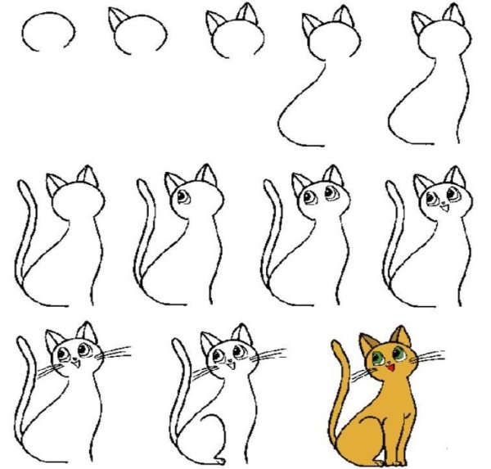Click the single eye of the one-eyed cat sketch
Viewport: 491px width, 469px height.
(182, 197)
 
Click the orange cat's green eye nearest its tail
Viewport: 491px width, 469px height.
(378, 357)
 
